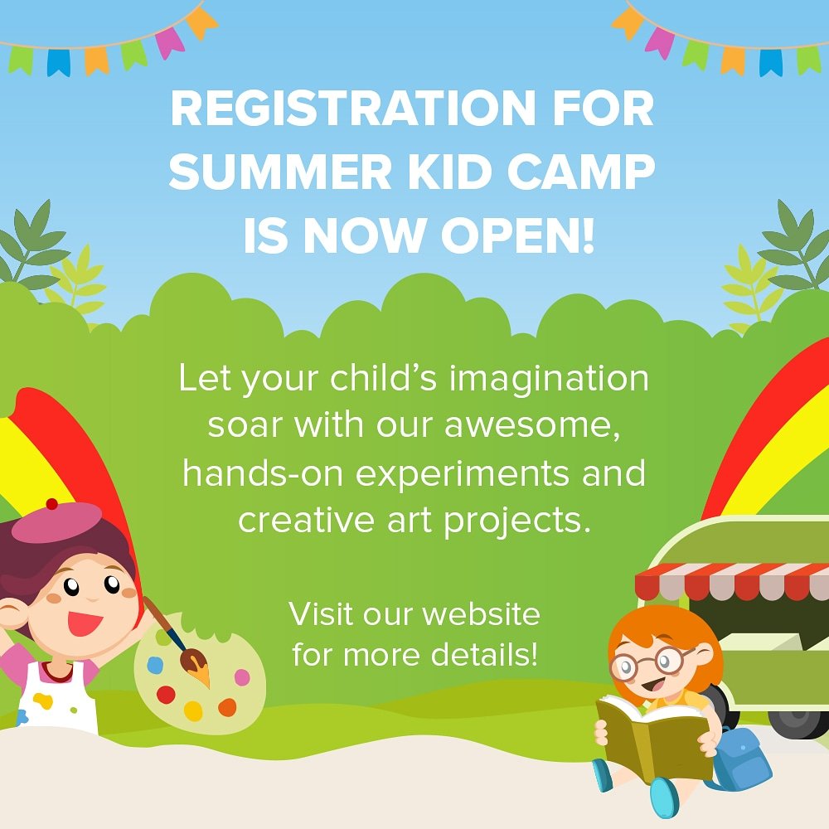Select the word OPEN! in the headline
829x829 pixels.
click(517, 236)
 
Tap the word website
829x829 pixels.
click(480, 615)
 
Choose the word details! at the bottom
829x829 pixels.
click(484, 655)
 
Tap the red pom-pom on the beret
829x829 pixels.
click(51, 503)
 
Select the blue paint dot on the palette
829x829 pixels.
click(154, 665)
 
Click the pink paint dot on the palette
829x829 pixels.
click(241, 677)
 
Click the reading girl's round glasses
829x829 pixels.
click(652, 662)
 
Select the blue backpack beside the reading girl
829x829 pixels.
click(741, 759)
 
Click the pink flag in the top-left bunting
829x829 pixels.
click(170, 41)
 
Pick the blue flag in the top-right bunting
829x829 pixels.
click(771, 61)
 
